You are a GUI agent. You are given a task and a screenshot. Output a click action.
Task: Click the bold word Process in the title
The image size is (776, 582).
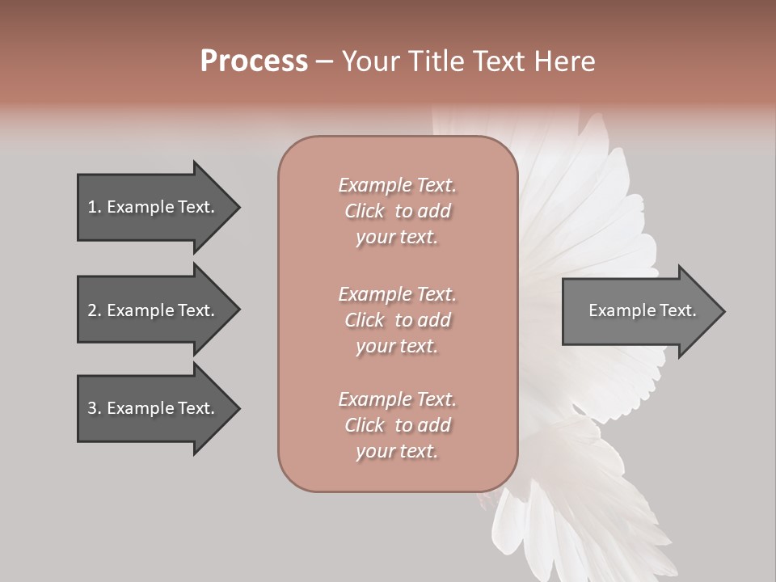click(254, 61)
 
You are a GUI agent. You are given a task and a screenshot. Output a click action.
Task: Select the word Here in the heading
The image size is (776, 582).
click(565, 61)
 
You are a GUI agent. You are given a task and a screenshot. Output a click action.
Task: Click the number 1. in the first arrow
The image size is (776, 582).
click(95, 207)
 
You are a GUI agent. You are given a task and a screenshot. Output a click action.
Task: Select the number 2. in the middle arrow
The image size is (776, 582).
click(95, 310)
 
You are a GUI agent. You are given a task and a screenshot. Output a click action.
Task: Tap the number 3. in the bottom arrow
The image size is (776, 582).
click(95, 408)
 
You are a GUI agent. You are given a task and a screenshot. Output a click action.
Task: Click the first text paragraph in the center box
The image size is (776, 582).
click(397, 211)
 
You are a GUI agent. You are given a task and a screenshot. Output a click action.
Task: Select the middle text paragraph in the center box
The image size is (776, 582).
click(397, 320)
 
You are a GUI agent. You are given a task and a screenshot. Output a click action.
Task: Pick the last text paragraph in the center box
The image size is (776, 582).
click(397, 425)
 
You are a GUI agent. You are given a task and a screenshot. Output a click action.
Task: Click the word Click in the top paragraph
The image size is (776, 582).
click(365, 211)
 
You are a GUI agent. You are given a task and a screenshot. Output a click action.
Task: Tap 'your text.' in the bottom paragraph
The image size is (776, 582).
click(397, 451)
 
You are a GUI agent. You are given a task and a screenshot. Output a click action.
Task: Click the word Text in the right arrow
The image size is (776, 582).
click(678, 310)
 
